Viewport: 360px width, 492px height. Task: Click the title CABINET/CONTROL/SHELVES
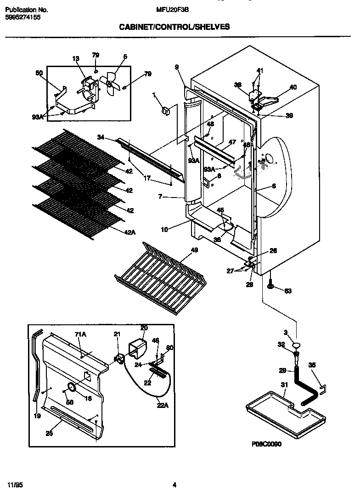pos(174,27)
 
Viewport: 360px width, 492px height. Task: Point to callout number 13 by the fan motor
pos(76,58)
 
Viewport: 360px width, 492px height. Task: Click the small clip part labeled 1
pos(166,110)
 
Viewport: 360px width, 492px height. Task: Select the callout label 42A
pos(130,232)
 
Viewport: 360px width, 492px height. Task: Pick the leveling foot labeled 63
pos(270,287)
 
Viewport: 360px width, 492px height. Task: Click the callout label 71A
pos(80,335)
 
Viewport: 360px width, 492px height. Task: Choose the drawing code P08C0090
pos(266,444)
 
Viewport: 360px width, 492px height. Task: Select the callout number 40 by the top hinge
pos(293,87)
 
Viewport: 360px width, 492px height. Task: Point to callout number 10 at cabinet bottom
pos(177,228)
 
